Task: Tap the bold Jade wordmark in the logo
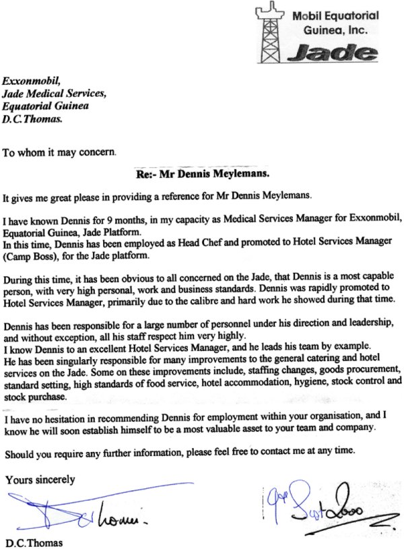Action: [x=330, y=54]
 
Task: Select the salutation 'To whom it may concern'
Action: [x=59, y=152]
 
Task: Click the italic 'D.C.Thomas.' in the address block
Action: [x=33, y=121]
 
